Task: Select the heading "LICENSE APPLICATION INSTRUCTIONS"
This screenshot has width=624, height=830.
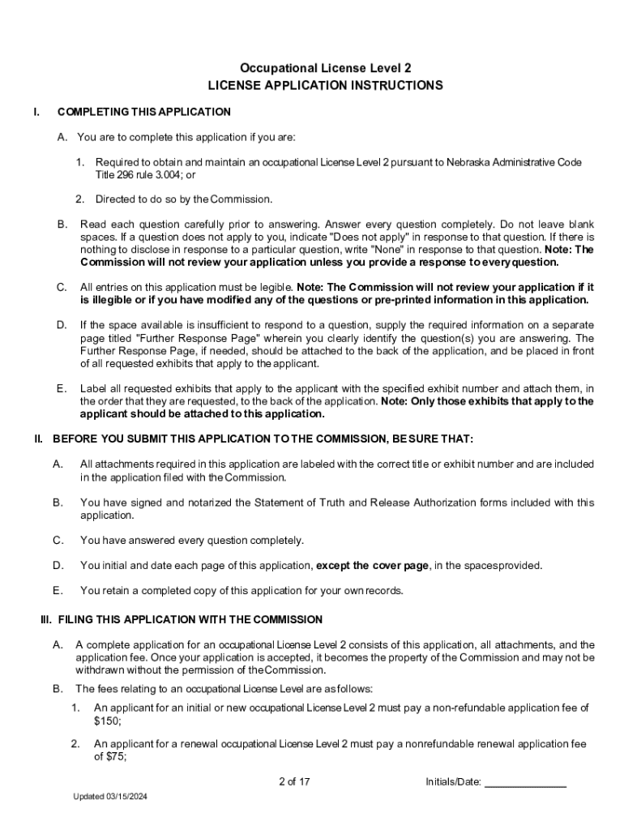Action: [x=325, y=85]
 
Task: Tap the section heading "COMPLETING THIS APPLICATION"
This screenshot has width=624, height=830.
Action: [x=144, y=112]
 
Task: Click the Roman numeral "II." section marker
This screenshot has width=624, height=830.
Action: [x=38, y=439]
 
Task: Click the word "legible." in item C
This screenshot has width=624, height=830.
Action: [x=274, y=288]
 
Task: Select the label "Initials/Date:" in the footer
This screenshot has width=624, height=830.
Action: [x=454, y=782]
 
